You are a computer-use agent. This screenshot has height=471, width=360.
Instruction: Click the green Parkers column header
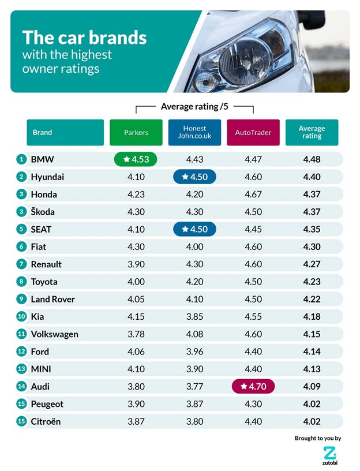point(136,132)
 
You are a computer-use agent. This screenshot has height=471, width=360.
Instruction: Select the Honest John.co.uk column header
point(194,132)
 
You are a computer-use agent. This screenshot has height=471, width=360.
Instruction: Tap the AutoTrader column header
point(253,132)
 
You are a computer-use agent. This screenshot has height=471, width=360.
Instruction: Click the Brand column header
point(65,132)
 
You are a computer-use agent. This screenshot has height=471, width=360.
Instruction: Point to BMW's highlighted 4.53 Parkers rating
point(137,159)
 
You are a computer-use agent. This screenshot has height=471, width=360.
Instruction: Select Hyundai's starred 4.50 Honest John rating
point(195,177)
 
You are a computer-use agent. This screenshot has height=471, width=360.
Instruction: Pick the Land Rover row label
point(53,299)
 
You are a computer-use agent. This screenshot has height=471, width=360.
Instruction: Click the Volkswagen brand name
point(55,334)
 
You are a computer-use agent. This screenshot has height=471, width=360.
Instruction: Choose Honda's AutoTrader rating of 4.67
point(253,195)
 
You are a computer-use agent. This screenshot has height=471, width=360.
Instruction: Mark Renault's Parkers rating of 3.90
point(136,264)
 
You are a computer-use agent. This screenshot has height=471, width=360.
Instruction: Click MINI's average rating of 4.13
point(312,369)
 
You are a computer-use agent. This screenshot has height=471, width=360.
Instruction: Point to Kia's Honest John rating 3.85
point(195,317)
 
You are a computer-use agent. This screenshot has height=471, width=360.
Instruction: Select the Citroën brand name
point(46,421)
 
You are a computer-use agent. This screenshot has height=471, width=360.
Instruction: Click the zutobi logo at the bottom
point(329,455)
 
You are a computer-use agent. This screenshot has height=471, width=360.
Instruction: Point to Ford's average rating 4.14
point(312,352)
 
